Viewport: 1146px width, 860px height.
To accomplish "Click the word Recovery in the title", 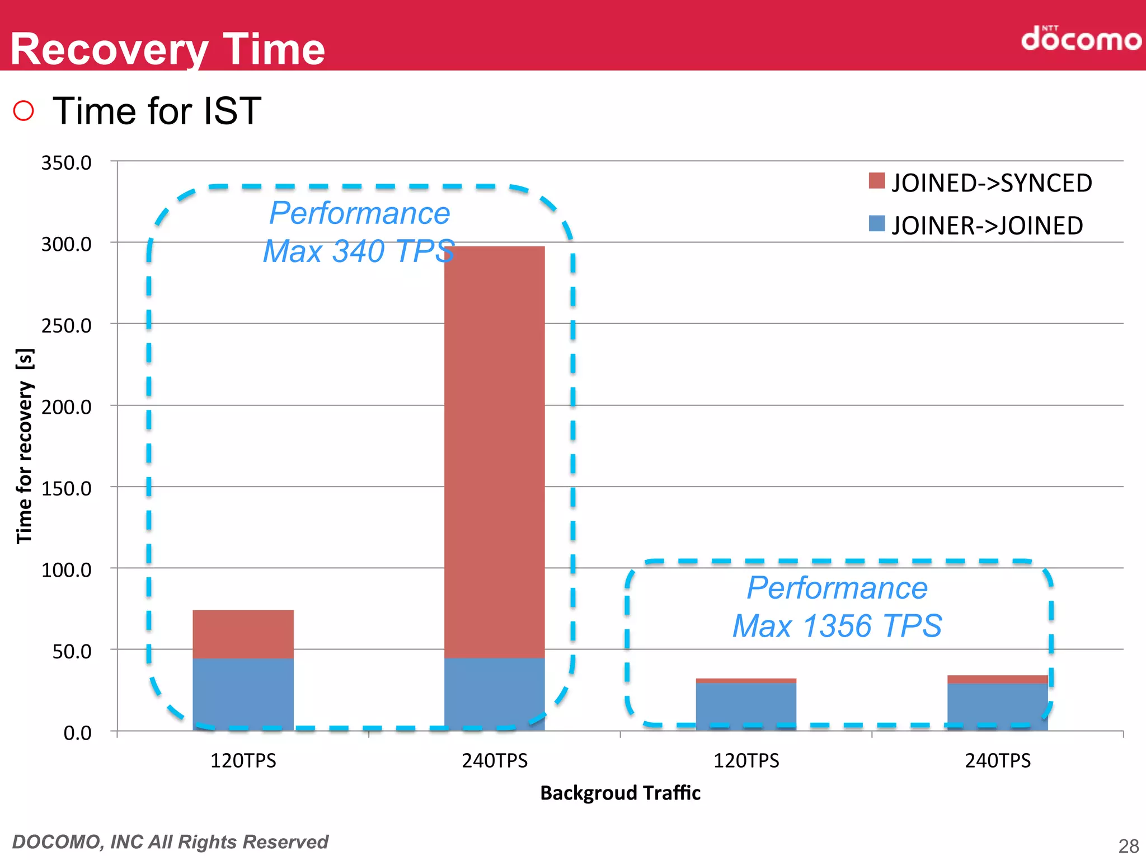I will [x=109, y=49].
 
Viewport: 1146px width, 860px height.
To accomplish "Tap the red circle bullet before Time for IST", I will [x=24, y=110].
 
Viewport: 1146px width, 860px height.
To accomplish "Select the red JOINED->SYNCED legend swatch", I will [x=876, y=181].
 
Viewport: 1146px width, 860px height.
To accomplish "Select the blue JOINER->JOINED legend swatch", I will [x=876, y=223].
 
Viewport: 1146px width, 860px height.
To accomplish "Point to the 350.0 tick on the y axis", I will [x=66, y=163].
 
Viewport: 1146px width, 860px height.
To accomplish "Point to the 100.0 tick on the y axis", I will [x=66, y=570].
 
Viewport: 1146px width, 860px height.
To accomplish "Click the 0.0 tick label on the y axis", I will [x=77, y=733].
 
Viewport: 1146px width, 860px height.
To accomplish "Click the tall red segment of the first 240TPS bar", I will [x=494, y=448].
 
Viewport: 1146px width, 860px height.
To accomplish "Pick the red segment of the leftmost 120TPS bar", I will [x=243, y=634].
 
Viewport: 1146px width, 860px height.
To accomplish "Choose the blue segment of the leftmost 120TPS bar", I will [x=243, y=694].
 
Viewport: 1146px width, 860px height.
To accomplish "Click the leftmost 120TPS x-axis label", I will [x=243, y=761].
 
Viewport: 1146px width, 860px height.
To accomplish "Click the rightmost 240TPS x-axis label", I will [x=997, y=761].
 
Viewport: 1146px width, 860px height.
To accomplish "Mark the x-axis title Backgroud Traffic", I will [x=620, y=793].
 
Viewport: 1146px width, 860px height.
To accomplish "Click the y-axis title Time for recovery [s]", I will [x=25, y=446].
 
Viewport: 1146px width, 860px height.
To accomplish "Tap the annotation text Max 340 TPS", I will [x=358, y=251].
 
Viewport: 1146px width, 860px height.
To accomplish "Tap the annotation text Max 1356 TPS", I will [x=837, y=625].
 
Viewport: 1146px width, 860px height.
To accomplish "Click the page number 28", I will [x=1128, y=845].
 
